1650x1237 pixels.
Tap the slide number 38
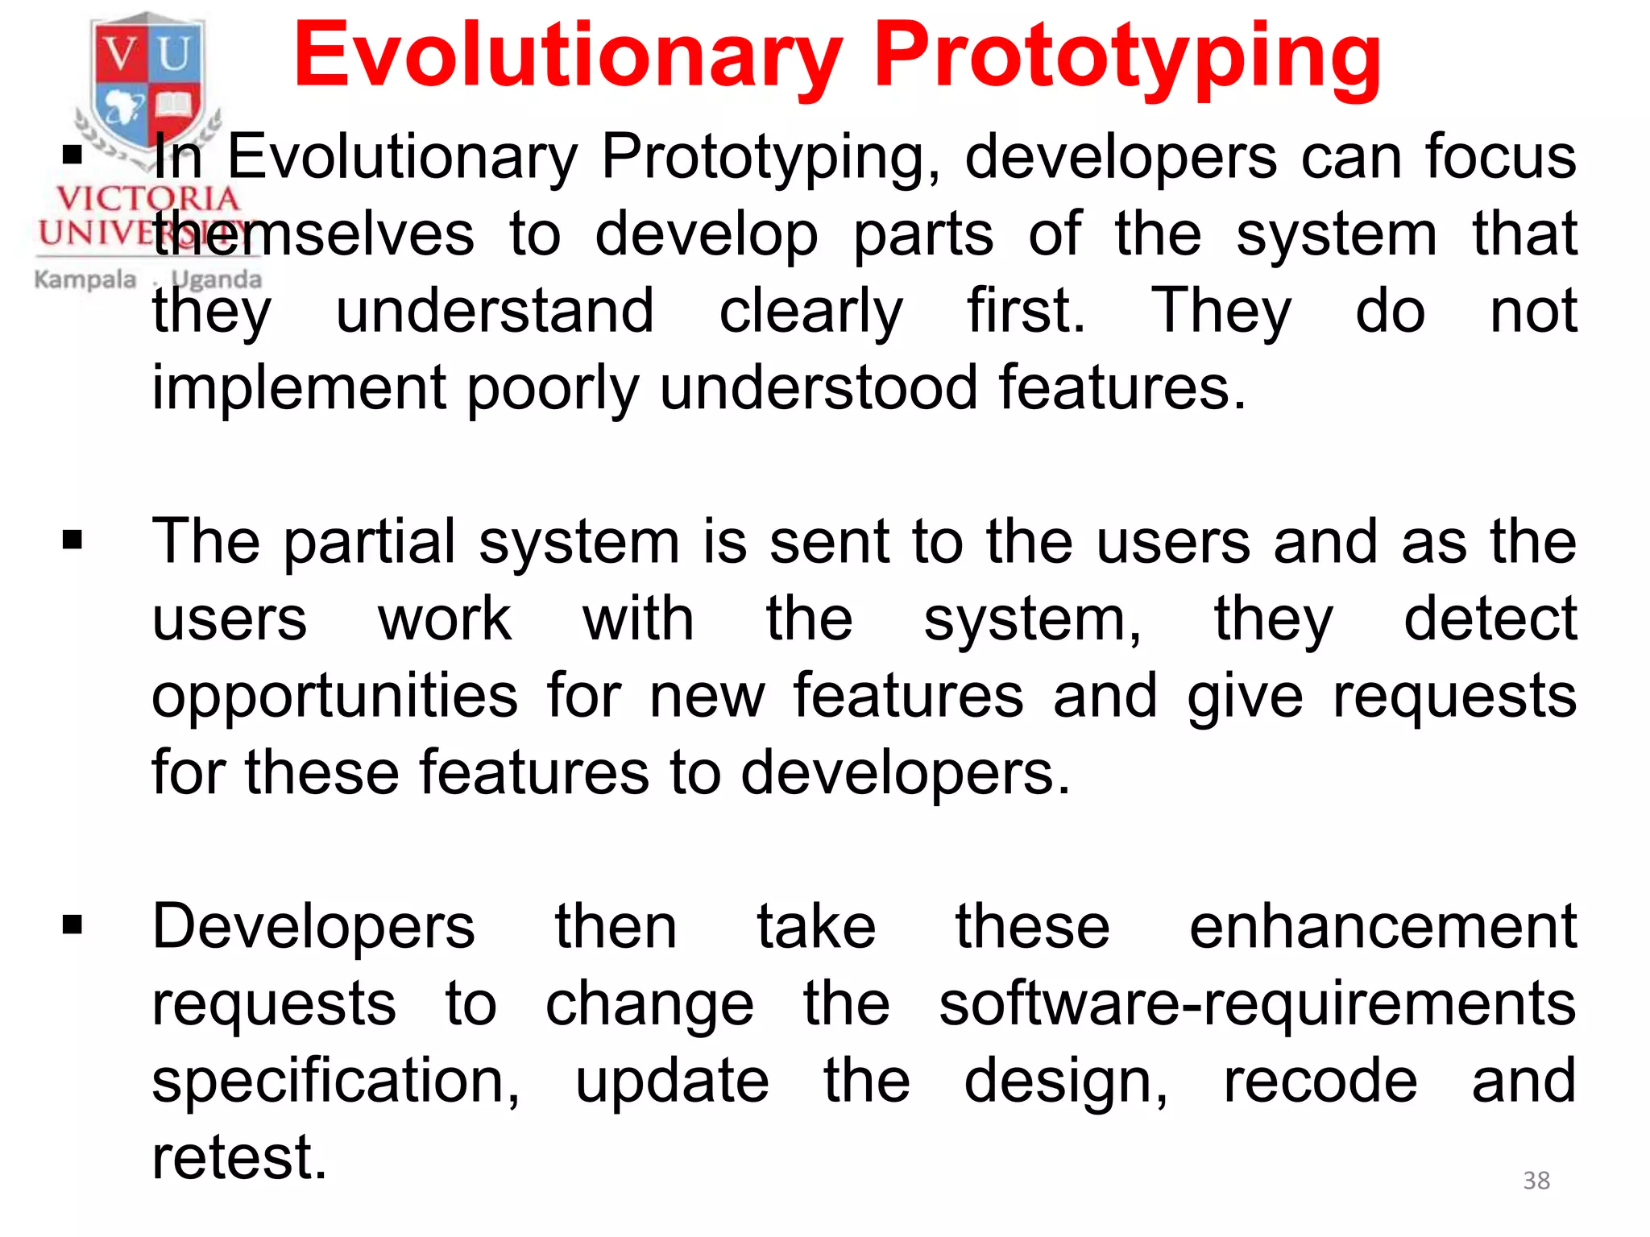(1536, 1181)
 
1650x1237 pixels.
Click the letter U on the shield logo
(174, 56)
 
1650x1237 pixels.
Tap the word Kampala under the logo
(85, 280)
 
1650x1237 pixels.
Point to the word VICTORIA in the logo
(147, 198)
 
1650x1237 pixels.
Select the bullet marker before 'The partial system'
(73, 540)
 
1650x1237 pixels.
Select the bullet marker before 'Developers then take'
(73, 925)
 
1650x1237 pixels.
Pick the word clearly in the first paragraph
(810, 312)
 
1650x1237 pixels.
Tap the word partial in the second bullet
(370, 543)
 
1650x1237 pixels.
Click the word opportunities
(334, 697)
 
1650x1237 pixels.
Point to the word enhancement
(1383, 927)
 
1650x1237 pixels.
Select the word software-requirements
(1257, 1004)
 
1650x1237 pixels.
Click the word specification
(335, 1082)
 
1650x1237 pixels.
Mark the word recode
(1320, 1081)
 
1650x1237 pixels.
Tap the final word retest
(239, 1158)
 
